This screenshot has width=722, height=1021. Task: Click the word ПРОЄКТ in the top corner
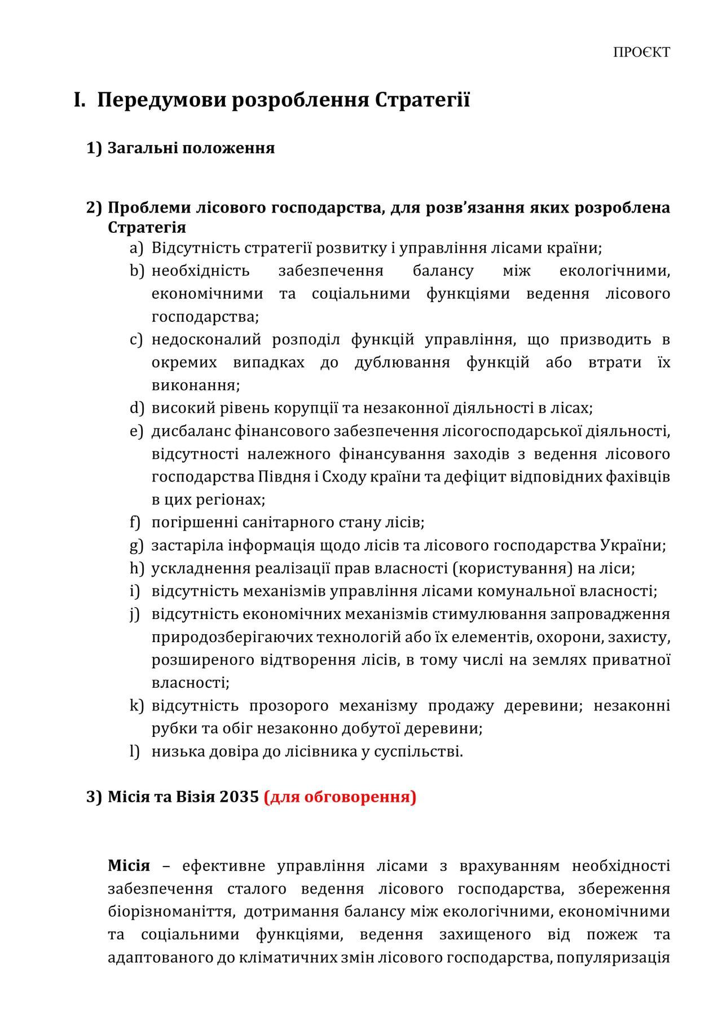641,52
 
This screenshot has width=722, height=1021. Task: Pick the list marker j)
135,614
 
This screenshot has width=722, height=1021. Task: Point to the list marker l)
135,752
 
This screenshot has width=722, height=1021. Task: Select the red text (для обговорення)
340,797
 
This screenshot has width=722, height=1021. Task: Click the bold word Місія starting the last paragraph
129,866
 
